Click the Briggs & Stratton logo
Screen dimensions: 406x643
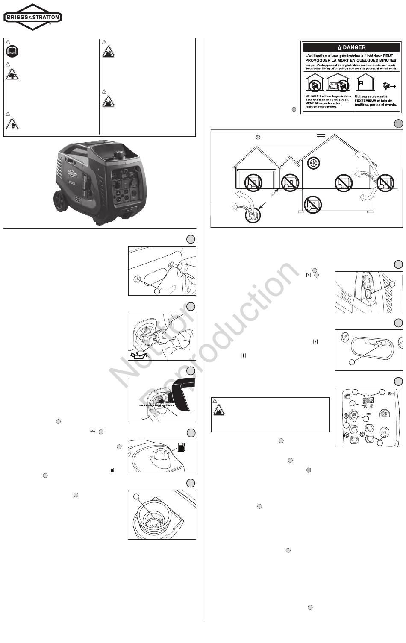pos(33,17)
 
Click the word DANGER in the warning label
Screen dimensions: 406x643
pos(354,47)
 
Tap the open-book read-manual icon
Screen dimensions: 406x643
pos(12,52)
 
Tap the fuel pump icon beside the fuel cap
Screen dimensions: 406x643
pos(181,448)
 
